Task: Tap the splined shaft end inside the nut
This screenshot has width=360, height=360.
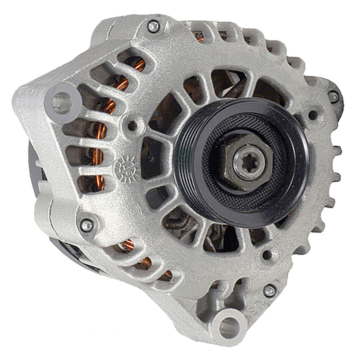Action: pyautogui.click(x=248, y=163)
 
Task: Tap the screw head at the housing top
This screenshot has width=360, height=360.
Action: pyautogui.click(x=153, y=27)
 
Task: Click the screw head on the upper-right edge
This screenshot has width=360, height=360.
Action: pyautogui.click(x=333, y=97)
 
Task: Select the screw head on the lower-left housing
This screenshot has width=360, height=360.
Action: pyautogui.click(x=87, y=225)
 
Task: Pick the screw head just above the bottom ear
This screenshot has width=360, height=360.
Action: pyautogui.click(x=269, y=290)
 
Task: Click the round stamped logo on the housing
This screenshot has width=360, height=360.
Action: pyautogui.click(x=126, y=166)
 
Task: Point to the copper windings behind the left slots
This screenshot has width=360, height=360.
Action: pyautogui.click(x=100, y=140)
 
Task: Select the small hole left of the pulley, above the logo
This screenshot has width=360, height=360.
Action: pyautogui.click(x=133, y=125)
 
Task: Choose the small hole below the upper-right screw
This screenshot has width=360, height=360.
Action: pyautogui.click(x=313, y=115)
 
